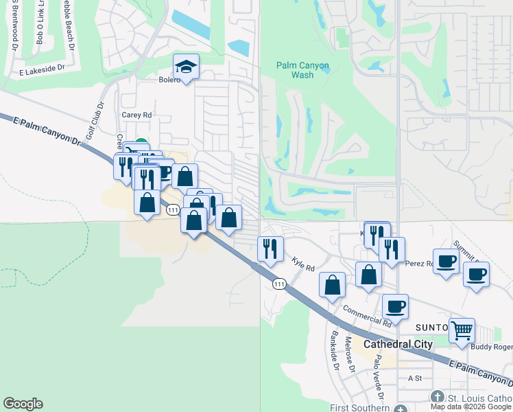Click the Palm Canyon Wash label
[302, 70]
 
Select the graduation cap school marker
[185, 67]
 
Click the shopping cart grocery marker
[462, 330]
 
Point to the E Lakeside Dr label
[40, 68]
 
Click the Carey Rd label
[136, 115]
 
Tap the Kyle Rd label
[302, 264]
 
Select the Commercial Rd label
[367, 316]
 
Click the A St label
[414, 378]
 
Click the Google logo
[23, 404]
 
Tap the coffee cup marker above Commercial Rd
[394, 306]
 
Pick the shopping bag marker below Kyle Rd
[333, 284]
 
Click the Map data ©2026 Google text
[470, 407]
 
